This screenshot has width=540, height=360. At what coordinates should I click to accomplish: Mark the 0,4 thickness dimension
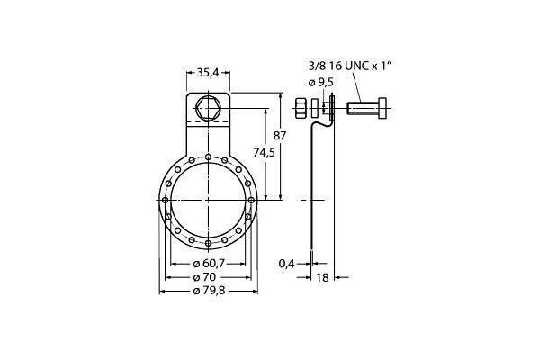pos(286,263)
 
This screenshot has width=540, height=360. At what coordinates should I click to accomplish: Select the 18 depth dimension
pos(322,278)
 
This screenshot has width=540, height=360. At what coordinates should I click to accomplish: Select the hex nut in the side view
pos(300,110)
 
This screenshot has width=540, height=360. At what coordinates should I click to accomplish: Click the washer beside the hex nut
pos(314,110)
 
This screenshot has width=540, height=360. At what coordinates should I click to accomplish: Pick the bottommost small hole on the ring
pos(208,243)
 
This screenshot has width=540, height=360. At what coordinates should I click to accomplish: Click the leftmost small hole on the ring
pos(166,200)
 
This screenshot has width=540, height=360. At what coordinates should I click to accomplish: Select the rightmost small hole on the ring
pos(251,200)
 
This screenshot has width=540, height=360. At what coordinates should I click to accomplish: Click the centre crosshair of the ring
pos(208,200)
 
